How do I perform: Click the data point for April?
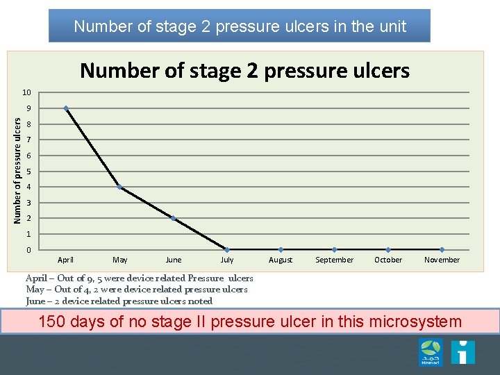pos(66,108)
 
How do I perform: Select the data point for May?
pos(119,187)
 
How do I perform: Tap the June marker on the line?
pos(174,218)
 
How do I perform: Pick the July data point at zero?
pos(227,249)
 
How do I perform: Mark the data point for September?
pos(335,249)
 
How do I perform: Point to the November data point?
pos(442,249)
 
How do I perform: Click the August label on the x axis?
pos(281,260)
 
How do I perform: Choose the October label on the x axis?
pos(388,260)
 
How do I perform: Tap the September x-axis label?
pos(335,260)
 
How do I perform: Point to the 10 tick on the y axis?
pos(26,93)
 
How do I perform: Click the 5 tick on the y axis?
pos(28,172)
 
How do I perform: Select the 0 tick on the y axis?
pos(28,249)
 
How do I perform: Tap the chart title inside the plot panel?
pos(244,70)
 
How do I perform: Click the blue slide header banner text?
pos(240,26)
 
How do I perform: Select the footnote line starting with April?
pos(139,278)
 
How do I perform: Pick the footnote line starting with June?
pos(119,301)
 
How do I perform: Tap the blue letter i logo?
pos(462,351)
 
